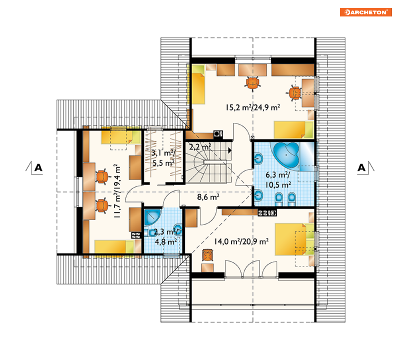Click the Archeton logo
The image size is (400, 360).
coord(366,12)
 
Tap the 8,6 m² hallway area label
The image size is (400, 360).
coord(208,197)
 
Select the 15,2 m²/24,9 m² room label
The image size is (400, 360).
coord(253,107)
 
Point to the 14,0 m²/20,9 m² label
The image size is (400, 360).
coord(241,241)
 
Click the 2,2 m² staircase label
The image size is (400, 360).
coord(200,147)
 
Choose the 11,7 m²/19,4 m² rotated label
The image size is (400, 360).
coord(117,191)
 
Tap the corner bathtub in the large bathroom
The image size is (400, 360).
coord(286,154)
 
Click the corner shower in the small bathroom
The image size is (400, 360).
coord(152,217)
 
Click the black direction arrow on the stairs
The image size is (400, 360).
coord(230,150)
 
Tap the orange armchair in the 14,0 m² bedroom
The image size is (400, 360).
coord(207,255)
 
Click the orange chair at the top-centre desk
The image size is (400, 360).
coord(252,83)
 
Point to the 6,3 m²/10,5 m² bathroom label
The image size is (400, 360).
coord(278,180)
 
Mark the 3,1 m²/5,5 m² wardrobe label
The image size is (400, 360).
coord(164,158)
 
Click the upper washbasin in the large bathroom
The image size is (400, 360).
coord(258,159)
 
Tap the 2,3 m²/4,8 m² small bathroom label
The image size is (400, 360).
coord(166,237)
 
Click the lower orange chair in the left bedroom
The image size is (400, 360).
coord(103,205)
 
